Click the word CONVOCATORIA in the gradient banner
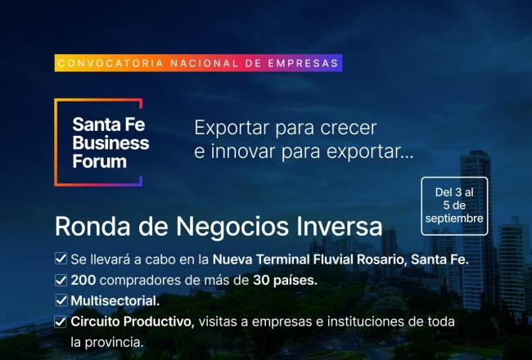[110, 63]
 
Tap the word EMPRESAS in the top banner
[304, 63]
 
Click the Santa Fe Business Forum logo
[98, 142]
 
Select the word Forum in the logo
[99, 161]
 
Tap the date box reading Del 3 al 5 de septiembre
[454, 206]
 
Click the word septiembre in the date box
[454, 218]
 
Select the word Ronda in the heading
[92, 227]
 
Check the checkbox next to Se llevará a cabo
[61, 259]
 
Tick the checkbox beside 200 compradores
[61, 280]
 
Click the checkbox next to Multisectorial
[61, 300]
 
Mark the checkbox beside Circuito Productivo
[61, 322]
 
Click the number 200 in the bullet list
[83, 281]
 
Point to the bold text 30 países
[285, 281]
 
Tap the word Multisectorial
[115, 301]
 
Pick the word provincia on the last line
[115, 342]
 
